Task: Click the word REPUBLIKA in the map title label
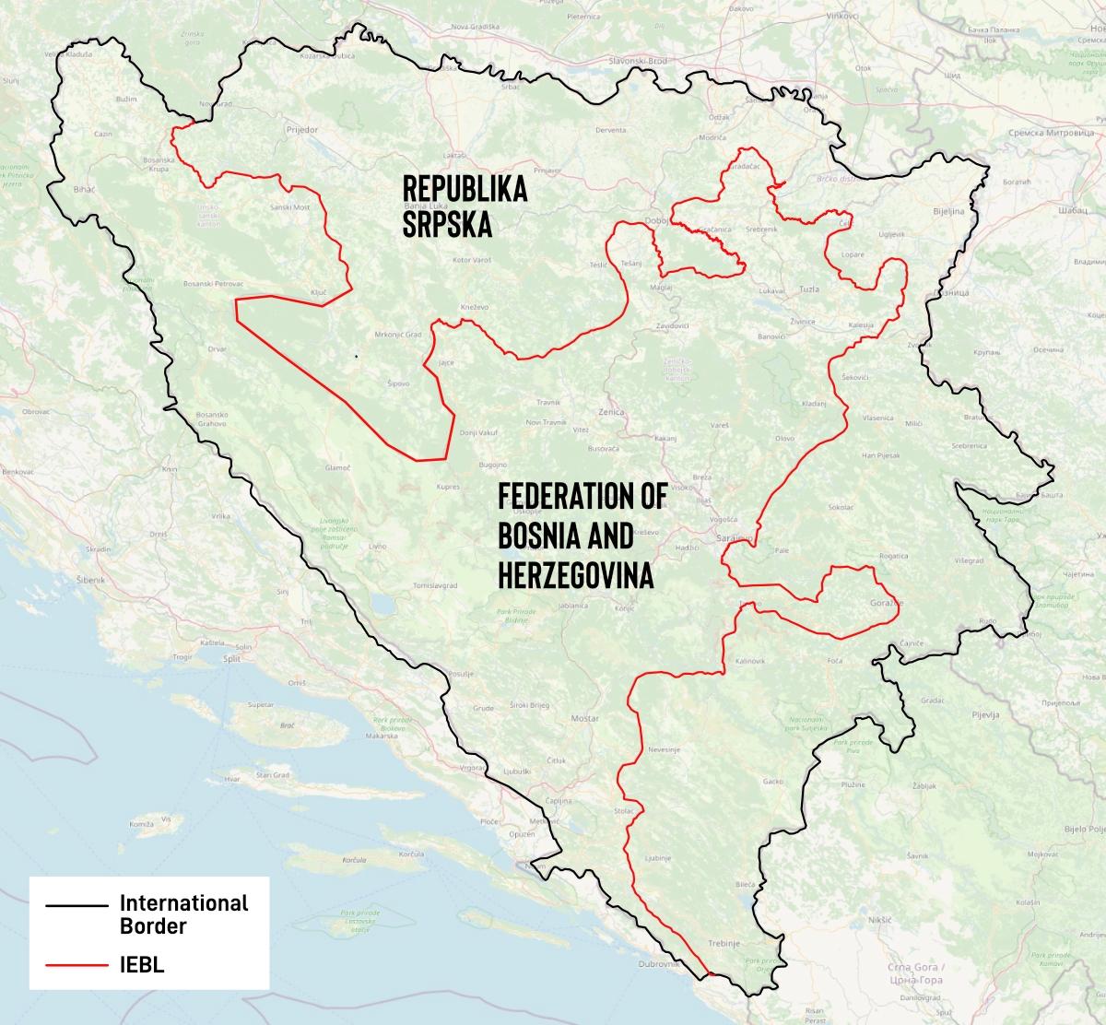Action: click(x=465, y=190)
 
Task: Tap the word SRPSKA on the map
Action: click(x=447, y=225)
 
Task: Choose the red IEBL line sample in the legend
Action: click(x=76, y=966)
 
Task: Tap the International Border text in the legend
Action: click(x=183, y=913)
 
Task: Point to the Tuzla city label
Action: click(x=809, y=289)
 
